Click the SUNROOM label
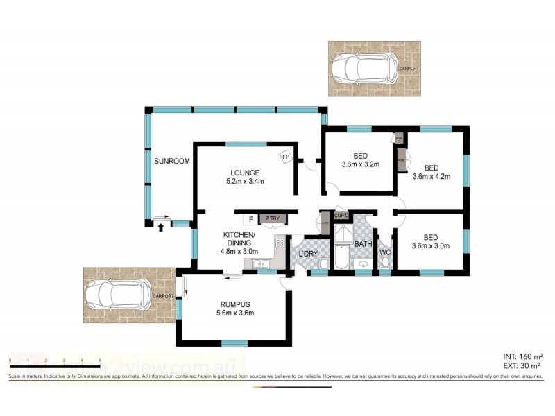[x=171, y=161]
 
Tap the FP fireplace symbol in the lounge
[x=285, y=157]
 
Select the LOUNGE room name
[x=246, y=173]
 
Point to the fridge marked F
[x=250, y=220]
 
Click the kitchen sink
[x=262, y=263]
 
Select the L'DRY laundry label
[x=308, y=254]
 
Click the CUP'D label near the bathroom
[x=341, y=216]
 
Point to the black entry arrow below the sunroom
[x=161, y=226]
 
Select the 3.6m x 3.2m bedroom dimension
[x=361, y=164]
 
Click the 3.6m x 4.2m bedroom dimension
[x=432, y=176]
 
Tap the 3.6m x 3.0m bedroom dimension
[x=432, y=245]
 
